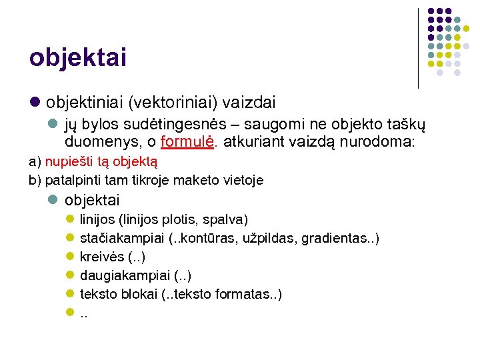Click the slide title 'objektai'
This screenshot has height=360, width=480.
coord(78,57)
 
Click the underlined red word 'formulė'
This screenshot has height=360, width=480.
coord(188,143)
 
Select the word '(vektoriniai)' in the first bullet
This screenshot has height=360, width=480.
coord(171,103)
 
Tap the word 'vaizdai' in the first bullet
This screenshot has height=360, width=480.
coord(249,103)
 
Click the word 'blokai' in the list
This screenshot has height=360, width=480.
coord(139,294)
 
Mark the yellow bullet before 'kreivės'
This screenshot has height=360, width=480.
coord(70,257)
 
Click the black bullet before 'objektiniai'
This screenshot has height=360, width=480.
coord(35,103)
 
